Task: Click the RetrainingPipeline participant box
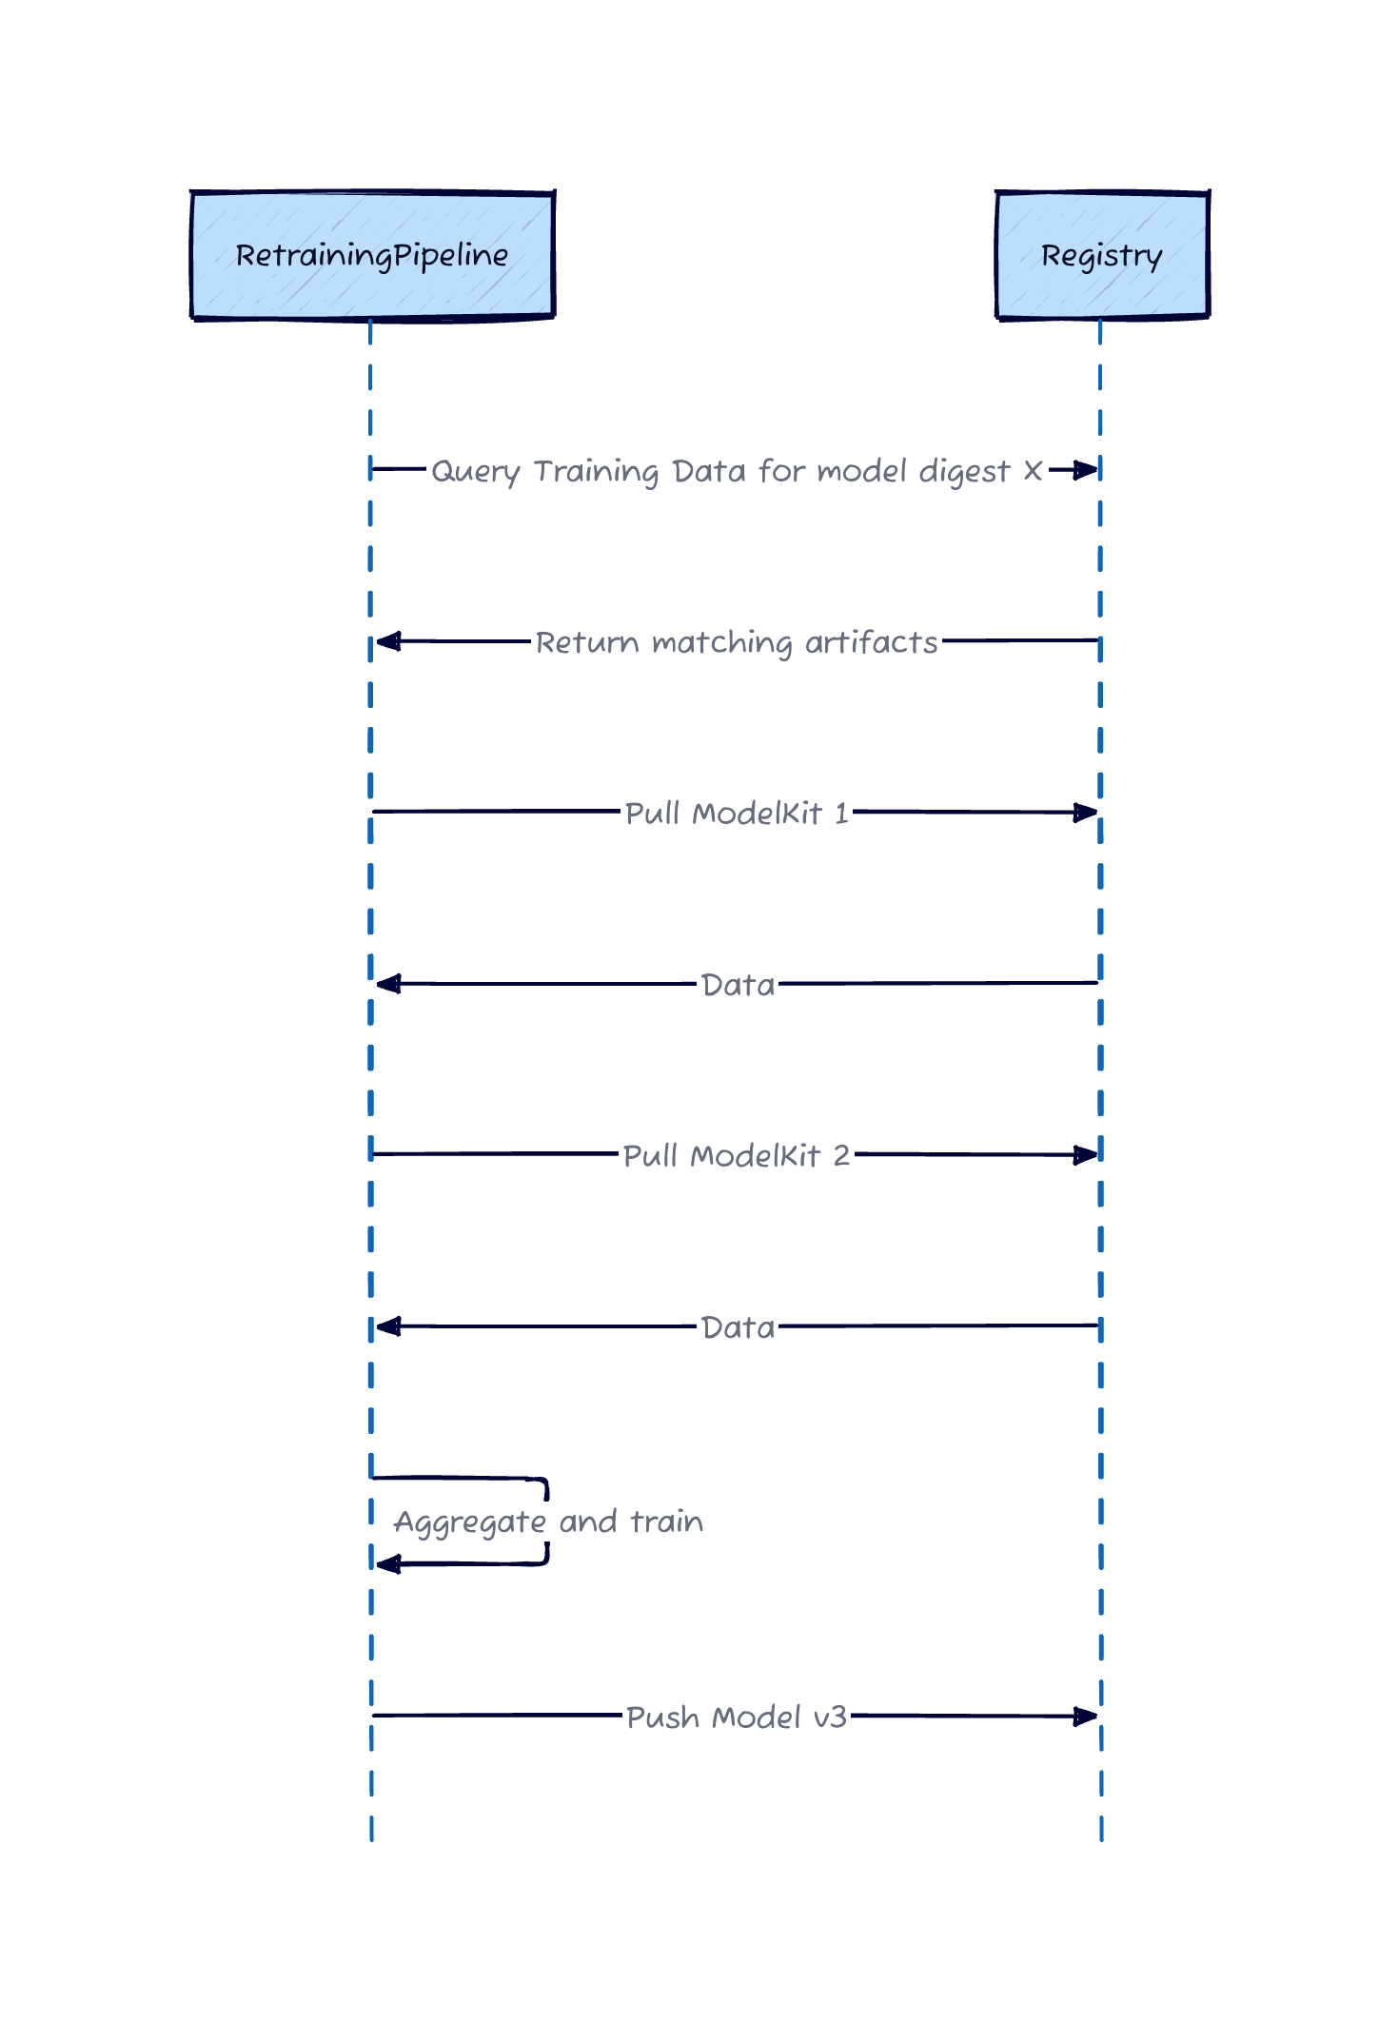(x=372, y=255)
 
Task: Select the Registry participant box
(x=1102, y=255)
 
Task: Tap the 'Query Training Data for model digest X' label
(x=736, y=471)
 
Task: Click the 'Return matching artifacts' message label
(x=736, y=642)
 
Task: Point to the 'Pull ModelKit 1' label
(x=736, y=814)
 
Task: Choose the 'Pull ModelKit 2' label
(x=736, y=1155)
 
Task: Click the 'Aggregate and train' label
(x=548, y=1522)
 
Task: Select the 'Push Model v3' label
(x=736, y=1717)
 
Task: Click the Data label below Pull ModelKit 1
(x=738, y=985)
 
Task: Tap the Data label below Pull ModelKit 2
(x=738, y=1327)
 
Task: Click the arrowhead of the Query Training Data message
(x=1087, y=470)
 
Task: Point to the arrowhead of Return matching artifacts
(x=387, y=641)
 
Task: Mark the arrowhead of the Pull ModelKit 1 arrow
(x=1086, y=813)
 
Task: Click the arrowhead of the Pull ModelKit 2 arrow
(x=1086, y=1155)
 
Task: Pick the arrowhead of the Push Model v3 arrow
(x=1086, y=1717)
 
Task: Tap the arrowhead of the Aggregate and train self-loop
(x=387, y=1563)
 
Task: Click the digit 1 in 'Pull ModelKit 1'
(x=841, y=814)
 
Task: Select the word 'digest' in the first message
(x=963, y=472)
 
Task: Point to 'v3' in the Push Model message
(x=830, y=1718)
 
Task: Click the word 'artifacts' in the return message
(x=871, y=642)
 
